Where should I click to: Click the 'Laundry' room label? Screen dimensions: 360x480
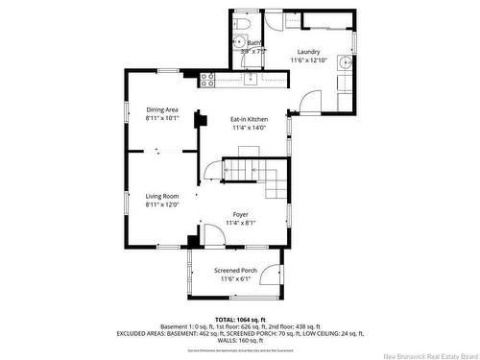point(308,52)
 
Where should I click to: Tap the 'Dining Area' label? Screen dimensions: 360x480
point(162,109)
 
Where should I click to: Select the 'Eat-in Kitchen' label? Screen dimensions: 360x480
point(249,119)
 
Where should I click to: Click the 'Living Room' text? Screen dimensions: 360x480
point(162,196)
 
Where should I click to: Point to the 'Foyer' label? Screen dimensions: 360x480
point(243,215)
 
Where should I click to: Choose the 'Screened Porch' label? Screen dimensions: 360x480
point(235,271)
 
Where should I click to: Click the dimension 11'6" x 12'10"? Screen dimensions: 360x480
point(308,60)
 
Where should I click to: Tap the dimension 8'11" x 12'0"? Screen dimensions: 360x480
point(162,204)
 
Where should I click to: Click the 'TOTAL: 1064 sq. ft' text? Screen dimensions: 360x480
point(239,318)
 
